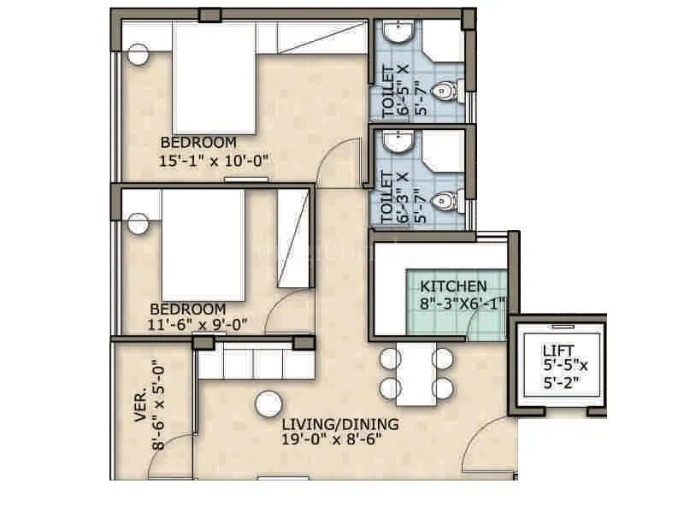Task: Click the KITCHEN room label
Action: [454, 286]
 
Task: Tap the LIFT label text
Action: [559, 350]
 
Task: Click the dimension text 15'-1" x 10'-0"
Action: [214, 159]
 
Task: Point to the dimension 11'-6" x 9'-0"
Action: [198, 325]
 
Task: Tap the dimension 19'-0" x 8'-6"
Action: [331, 439]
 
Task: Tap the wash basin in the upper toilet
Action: [398, 33]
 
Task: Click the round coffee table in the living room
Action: [269, 404]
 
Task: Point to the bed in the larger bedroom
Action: [214, 77]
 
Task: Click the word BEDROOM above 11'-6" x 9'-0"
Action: [187, 309]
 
